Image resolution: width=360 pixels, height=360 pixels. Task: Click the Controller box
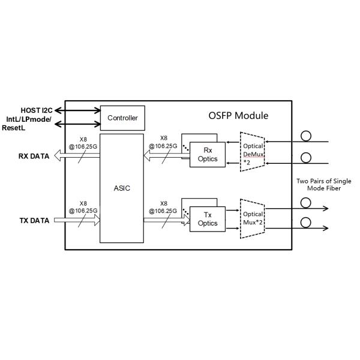point(122,118)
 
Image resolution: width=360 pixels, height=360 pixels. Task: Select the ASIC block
point(122,188)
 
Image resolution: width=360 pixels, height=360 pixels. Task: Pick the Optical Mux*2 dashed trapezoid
point(252,217)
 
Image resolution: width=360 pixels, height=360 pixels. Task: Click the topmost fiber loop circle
point(305,136)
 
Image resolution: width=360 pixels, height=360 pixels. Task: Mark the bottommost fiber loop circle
point(305,223)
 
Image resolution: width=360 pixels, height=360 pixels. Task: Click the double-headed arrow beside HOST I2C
point(78,110)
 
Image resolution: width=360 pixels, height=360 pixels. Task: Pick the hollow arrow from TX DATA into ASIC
point(76,220)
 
